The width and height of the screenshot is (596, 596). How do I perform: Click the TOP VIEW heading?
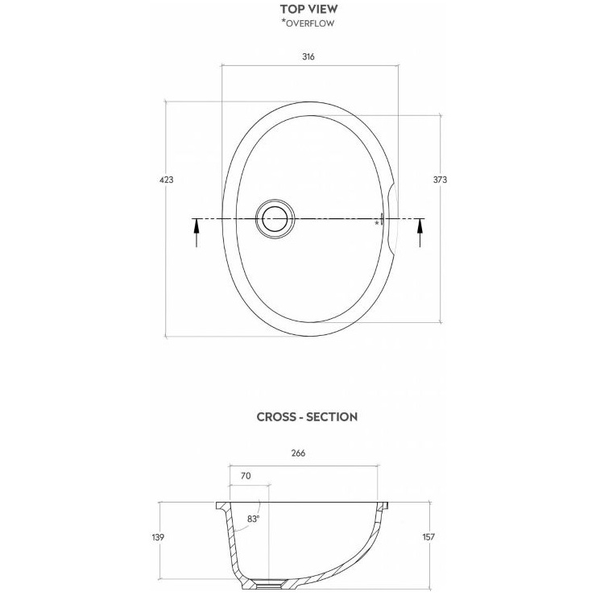(x=308, y=9)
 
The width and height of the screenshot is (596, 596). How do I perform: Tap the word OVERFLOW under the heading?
(x=310, y=23)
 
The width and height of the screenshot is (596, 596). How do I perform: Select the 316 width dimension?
(x=308, y=57)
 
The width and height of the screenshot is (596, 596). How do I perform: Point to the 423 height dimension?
(x=167, y=180)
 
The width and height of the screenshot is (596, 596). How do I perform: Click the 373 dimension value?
(x=441, y=180)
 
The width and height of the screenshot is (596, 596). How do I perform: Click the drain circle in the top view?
(x=275, y=219)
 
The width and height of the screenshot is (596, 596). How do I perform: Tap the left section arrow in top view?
(x=197, y=233)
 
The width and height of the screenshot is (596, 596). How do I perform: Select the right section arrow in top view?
(x=420, y=233)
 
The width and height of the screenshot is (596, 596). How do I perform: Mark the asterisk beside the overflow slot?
(x=377, y=223)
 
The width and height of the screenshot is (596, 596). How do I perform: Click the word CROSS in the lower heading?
(x=275, y=417)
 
